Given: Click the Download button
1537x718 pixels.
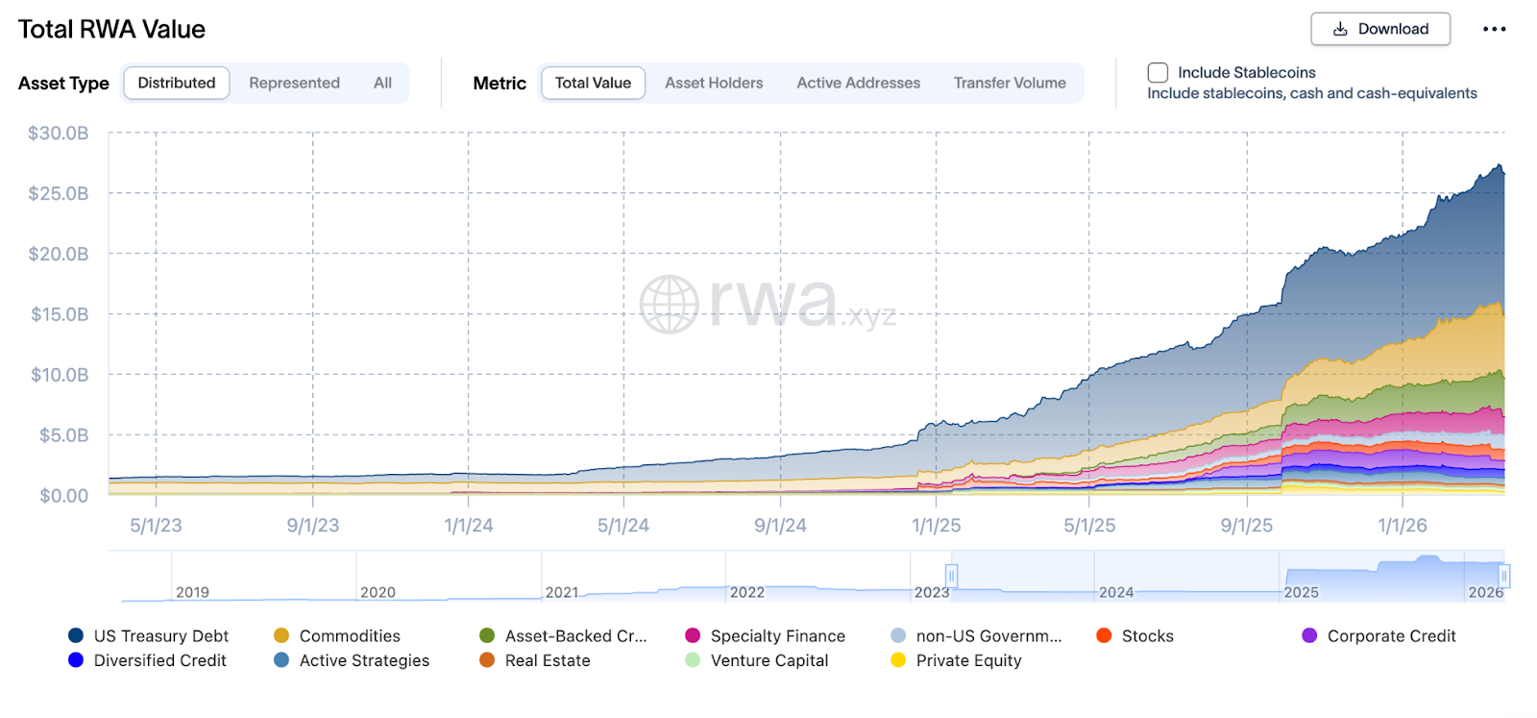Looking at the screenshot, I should [x=1379, y=29].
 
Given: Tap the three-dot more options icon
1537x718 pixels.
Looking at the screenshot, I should [x=1494, y=29].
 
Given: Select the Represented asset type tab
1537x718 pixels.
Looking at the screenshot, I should [x=294, y=83].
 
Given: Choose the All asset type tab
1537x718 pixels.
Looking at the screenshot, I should [x=382, y=83].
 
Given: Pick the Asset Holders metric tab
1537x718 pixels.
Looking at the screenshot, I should [x=714, y=83].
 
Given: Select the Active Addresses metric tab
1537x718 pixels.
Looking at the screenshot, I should [x=858, y=83].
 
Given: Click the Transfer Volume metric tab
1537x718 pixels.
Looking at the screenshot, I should [x=1009, y=83].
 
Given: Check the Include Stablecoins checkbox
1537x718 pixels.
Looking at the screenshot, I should [x=1158, y=72].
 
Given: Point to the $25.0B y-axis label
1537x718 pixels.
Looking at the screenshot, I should [x=59, y=193].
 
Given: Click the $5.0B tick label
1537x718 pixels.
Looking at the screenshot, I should [x=63, y=435].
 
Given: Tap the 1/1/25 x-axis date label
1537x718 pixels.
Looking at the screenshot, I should [x=936, y=526].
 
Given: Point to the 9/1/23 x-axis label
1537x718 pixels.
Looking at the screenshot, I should [x=312, y=526].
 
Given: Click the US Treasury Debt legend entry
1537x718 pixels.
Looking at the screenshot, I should [x=160, y=636].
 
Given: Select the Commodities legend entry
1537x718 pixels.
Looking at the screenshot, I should [x=349, y=636].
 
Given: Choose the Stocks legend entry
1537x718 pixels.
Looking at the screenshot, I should [x=1147, y=636].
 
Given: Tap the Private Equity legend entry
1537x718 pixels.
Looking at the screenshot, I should [x=968, y=660].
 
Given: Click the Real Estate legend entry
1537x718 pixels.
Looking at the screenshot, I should [x=547, y=660].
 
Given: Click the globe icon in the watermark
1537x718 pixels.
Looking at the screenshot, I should [x=669, y=305].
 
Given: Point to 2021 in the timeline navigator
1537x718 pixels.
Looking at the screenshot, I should [x=562, y=592].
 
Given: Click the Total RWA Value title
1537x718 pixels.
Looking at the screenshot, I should [x=111, y=30].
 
